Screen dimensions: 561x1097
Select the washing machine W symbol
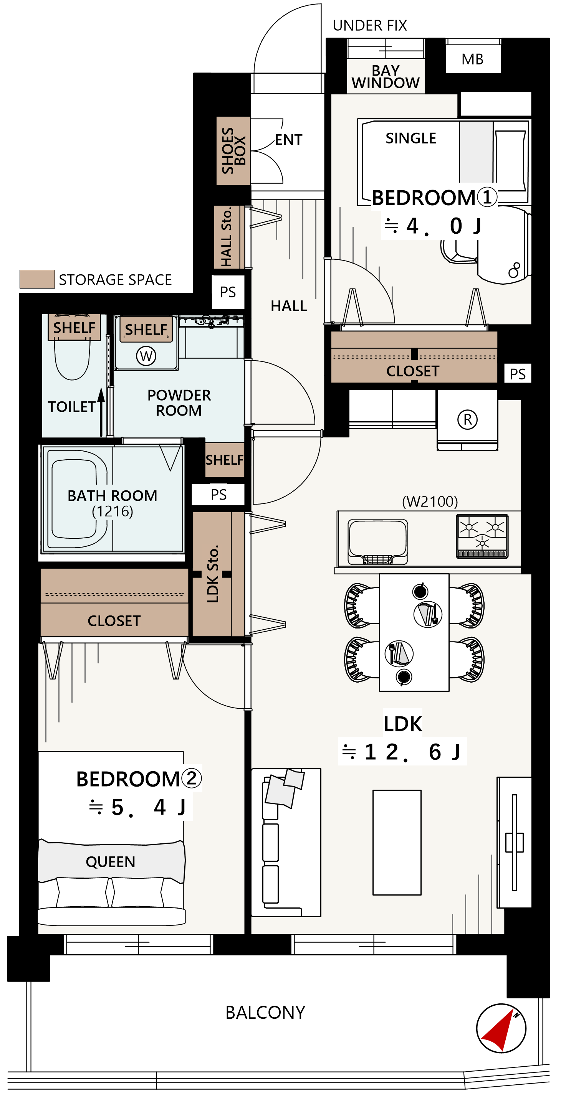click(146, 356)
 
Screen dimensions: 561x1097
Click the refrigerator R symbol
click(467, 419)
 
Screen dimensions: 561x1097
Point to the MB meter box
click(473, 59)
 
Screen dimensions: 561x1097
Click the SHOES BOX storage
click(233, 150)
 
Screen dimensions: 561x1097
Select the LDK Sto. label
click(212, 573)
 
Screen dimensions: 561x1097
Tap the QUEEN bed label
click(111, 862)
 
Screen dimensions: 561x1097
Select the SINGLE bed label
click(411, 138)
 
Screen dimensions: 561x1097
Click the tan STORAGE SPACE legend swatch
click(37, 279)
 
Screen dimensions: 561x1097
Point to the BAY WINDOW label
click(386, 77)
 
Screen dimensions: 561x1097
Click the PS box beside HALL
click(228, 292)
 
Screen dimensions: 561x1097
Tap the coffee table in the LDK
click(397, 842)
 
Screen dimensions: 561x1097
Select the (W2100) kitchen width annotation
click(430, 501)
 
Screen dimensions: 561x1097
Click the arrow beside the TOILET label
click(101, 412)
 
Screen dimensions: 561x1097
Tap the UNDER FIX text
click(370, 26)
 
